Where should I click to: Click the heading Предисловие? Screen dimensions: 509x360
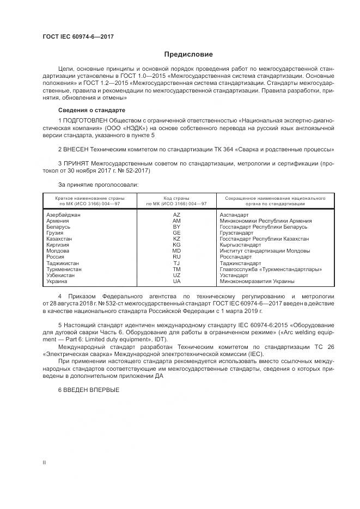click(189, 54)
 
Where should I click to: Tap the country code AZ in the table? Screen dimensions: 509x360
click(176, 215)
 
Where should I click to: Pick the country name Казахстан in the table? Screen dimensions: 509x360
click(59, 239)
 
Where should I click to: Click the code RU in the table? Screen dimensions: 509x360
click(176, 257)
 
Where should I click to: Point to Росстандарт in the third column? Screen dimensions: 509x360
click(236, 257)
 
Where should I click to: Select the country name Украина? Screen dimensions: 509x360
click(57, 281)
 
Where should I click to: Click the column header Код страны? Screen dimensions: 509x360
click(176, 198)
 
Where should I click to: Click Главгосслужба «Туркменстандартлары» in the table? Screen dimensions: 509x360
click(270, 269)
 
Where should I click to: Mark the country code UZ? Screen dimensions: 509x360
click(176, 275)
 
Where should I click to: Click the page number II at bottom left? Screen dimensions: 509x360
click(45, 462)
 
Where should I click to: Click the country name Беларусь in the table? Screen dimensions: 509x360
click(58, 227)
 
